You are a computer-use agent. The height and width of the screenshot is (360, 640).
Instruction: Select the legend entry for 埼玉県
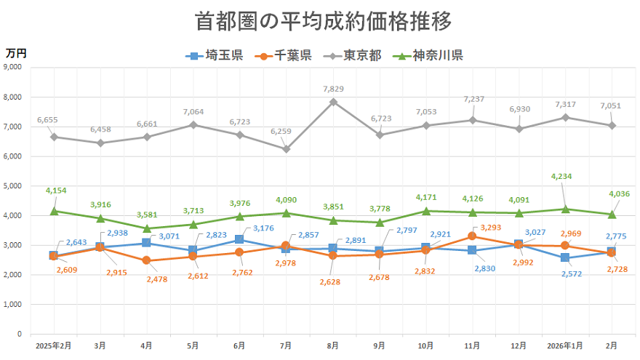[x=215, y=55]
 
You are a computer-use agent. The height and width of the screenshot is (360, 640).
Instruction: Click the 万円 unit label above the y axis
[x=16, y=52]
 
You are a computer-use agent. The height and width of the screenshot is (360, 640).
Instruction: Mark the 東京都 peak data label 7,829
[x=333, y=89]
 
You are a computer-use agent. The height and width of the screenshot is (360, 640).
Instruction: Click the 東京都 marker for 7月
[x=287, y=149]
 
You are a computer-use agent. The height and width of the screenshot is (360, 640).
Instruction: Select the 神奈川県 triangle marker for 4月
[x=147, y=228]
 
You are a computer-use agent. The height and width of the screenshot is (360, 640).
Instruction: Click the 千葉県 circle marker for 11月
[x=473, y=236]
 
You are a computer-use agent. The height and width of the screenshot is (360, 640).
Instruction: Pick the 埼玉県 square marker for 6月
[x=240, y=239]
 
